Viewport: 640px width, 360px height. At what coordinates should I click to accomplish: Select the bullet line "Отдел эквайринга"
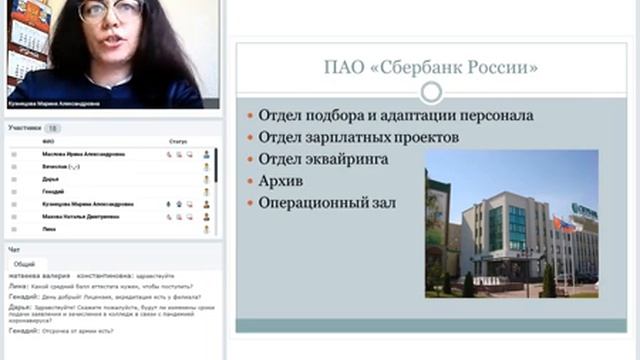click(323, 158)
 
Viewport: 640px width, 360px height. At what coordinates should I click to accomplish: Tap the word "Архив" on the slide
click(280, 180)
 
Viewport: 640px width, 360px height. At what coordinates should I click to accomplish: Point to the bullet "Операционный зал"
click(327, 202)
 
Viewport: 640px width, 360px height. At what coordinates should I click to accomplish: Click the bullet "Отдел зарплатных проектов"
click(358, 136)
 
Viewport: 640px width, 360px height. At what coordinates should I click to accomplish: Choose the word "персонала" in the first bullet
click(497, 115)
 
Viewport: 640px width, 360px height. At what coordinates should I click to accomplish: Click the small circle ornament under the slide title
click(431, 93)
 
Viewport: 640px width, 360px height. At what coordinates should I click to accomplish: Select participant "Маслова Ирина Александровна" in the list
click(84, 155)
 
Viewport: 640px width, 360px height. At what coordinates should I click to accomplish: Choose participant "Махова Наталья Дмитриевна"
click(83, 215)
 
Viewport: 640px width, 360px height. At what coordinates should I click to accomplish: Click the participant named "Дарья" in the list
click(51, 179)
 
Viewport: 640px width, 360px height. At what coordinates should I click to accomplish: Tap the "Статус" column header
click(178, 143)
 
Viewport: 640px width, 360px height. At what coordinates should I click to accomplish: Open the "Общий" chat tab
click(24, 264)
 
